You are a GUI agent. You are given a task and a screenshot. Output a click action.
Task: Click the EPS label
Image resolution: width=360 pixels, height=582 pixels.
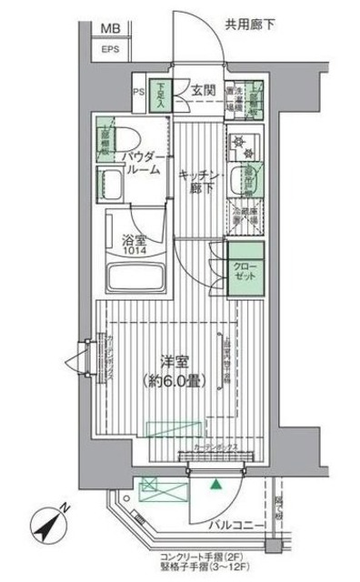111,49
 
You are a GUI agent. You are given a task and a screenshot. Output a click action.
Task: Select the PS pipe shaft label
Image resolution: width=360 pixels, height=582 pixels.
139,91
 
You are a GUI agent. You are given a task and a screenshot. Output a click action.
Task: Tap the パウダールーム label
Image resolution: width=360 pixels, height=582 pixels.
142,163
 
